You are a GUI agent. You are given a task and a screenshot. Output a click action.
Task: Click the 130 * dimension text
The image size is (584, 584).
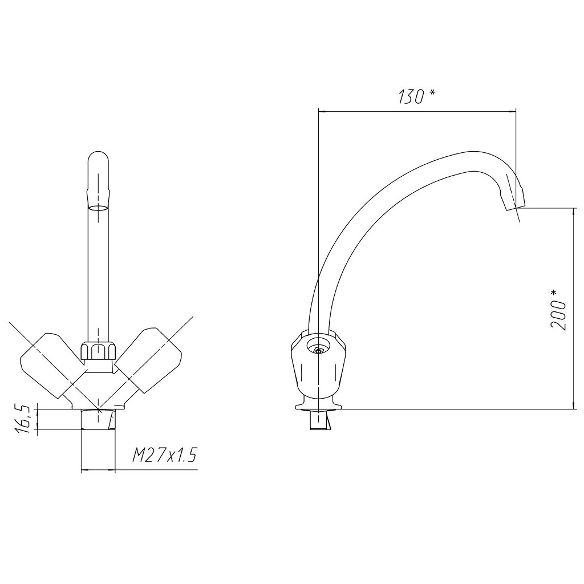[417, 96]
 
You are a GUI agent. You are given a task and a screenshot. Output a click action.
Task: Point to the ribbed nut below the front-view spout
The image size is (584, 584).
[98, 351]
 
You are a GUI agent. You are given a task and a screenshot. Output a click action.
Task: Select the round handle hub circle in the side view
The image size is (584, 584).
[318, 346]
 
